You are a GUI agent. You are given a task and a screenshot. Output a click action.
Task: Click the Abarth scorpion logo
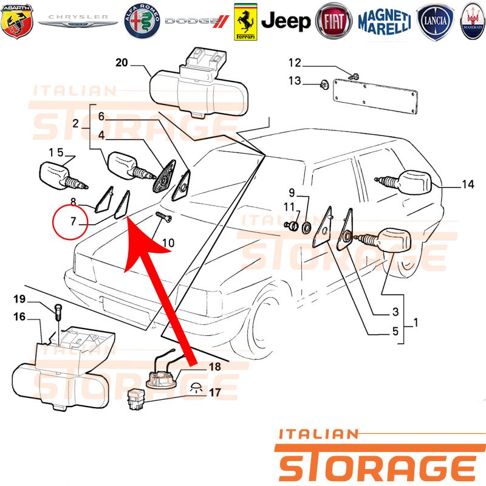coord(17,21)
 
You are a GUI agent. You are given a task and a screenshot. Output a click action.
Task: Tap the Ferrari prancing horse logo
coord(245,22)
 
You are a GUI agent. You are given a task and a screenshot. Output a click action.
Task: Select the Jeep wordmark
coord(286,21)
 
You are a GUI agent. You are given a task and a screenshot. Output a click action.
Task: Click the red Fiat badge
coord(334,21)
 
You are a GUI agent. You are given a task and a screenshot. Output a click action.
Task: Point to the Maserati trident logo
coord(473,21)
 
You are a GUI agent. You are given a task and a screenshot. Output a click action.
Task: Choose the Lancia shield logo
coord(435,21)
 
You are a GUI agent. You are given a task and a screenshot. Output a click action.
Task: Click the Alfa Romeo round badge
coord(142,21)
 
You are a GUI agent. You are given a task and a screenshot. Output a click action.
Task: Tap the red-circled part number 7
coord(73,221)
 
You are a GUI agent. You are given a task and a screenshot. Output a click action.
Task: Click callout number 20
coord(122,63)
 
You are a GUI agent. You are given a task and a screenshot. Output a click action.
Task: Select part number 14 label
coord(468,185)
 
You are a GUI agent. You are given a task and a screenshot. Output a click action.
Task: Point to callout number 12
coord(295,63)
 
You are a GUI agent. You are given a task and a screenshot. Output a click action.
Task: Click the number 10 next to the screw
coord(168,242)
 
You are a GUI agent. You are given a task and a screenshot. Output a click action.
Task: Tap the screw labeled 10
coord(163,217)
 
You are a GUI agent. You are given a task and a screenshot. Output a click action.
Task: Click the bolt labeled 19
coord(58,313)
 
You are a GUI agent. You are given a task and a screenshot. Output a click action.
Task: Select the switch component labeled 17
coord(136,399)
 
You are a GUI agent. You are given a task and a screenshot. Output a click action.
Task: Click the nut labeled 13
coord(324,84)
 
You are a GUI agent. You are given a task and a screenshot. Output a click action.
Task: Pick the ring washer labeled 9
coord(307,227)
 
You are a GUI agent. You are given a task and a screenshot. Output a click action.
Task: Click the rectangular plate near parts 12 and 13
coord(375,96)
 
